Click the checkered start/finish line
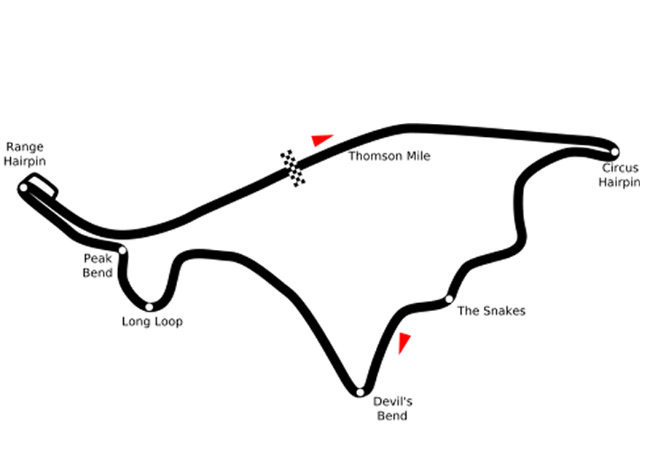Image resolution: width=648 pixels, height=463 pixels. tap(293, 168)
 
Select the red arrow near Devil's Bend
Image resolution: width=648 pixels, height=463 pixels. tap(403, 342)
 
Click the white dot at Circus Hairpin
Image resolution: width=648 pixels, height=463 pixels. tap(615, 152)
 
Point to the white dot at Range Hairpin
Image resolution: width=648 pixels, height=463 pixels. tap(24, 188)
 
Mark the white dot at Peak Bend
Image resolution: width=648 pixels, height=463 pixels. tap(122, 250)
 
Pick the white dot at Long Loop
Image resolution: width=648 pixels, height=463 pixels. tap(149, 307)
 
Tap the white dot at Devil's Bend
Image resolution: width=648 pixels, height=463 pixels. tap(360, 392)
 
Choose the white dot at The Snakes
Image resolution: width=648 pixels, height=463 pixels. tap(449, 299)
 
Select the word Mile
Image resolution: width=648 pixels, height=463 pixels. tap(418, 156)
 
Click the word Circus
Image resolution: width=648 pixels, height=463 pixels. tap(621, 168)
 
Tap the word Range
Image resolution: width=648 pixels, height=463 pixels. tap(24, 148)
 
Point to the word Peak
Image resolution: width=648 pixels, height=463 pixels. tap(97, 259)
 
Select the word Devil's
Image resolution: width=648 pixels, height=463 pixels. tap(392, 401)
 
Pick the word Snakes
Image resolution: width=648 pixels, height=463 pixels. tap(504, 310)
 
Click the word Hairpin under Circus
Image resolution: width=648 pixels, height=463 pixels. tap(619, 182)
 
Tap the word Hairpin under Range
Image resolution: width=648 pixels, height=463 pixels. tap(24, 161)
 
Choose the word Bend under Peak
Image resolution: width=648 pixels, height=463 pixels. tap(97, 273)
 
